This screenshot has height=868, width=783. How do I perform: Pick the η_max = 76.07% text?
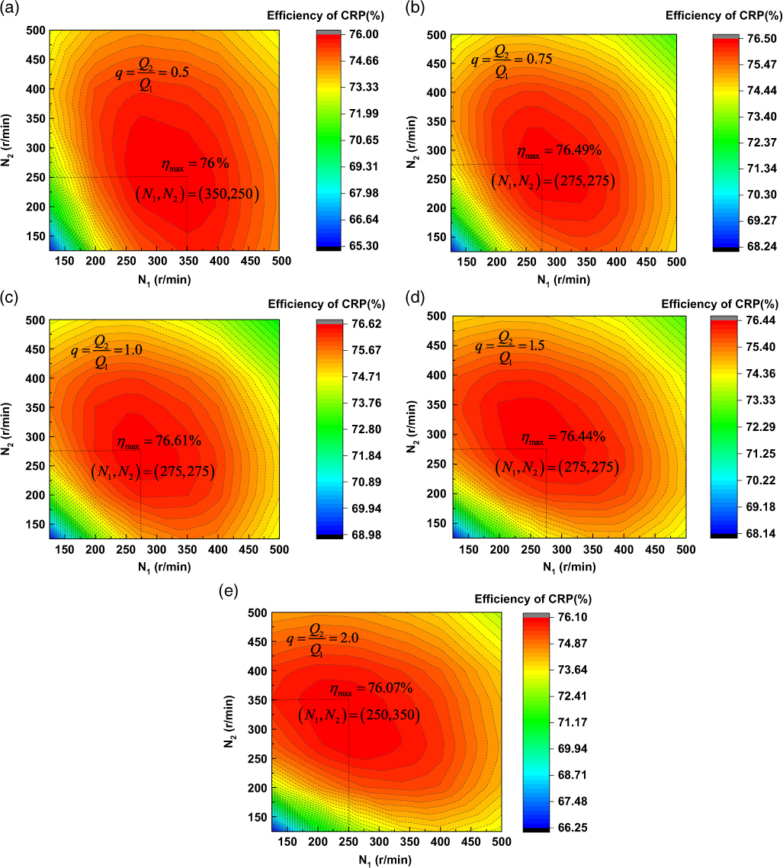pyautogui.click(x=371, y=689)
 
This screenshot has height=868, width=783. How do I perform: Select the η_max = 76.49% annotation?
pyautogui.click(x=559, y=151)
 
